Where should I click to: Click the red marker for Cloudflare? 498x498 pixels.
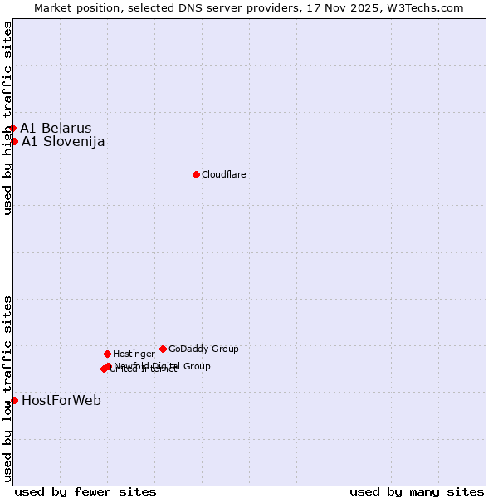point(196,174)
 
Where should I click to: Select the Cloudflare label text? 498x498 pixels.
point(223,174)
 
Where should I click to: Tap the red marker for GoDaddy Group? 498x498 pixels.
point(163,349)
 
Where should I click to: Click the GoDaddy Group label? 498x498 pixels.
point(203,349)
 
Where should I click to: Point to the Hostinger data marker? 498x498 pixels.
point(107,354)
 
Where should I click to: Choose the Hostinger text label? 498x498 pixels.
point(134,354)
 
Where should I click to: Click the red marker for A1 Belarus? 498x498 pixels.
point(12,128)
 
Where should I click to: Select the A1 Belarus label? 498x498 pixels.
point(56,128)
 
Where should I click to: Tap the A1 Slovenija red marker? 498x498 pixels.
point(14,141)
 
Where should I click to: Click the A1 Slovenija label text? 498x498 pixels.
point(63,141)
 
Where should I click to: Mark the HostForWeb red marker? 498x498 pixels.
point(14,400)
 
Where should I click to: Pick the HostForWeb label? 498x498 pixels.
point(61,400)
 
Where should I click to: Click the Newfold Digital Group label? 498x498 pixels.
point(164,365)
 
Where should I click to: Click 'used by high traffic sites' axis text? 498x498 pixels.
point(7,118)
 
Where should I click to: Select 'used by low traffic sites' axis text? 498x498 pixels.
point(7,388)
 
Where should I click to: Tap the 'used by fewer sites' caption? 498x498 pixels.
point(85,491)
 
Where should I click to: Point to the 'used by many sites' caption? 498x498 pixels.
point(417,491)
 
